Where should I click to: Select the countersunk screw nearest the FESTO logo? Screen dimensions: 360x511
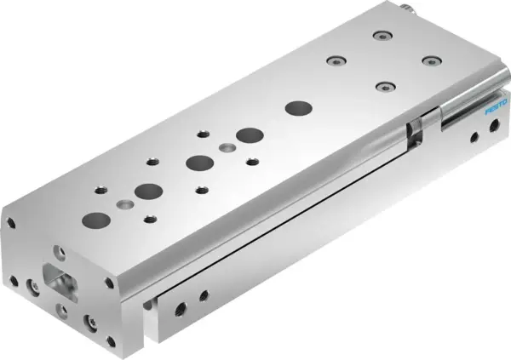click(x=433, y=61)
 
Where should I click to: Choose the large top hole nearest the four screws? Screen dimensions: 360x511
click(x=298, y=108)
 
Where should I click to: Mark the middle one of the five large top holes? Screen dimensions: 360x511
click(x=199, y=163)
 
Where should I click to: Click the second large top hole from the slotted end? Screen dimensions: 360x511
click(x=147, y=191)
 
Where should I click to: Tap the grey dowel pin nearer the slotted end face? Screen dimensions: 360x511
click(x=126, y=203)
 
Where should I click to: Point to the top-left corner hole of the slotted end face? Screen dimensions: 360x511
click(x=11, y=223)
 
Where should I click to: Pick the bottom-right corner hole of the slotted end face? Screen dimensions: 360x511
click(x=111, y=341)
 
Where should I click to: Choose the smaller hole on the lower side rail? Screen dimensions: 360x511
click(x=203, y=296)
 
